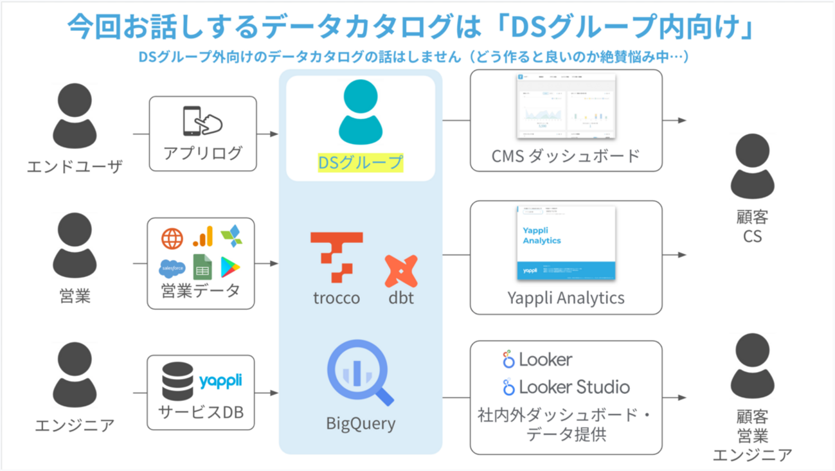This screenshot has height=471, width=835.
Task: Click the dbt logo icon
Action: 401,271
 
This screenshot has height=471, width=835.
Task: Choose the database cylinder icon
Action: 177,381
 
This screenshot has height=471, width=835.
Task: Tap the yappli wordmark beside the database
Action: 220,380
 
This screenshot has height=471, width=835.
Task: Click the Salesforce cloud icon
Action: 172,267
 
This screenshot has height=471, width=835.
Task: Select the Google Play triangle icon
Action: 230,266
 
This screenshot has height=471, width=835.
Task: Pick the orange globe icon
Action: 172,238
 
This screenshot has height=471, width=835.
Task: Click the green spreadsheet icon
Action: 202,266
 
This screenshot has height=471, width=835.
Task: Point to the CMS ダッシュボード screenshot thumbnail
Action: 566,107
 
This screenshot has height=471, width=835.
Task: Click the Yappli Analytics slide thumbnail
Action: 566,243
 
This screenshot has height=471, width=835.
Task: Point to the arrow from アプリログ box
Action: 269,134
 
